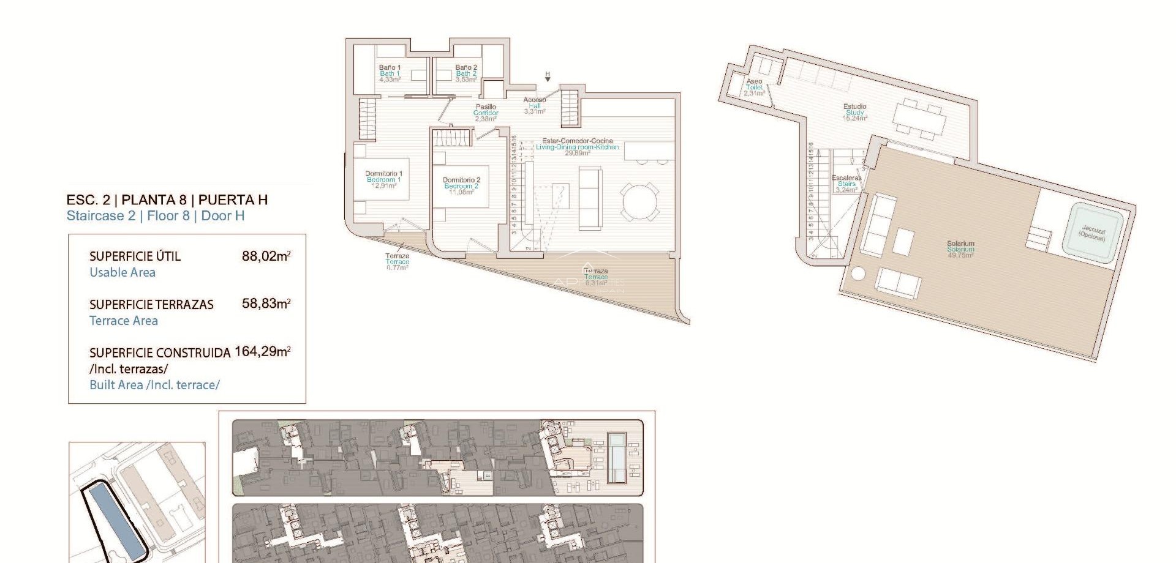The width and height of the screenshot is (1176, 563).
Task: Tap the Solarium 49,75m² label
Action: click(960, 249)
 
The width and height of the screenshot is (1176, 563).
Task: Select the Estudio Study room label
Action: click(854, 112)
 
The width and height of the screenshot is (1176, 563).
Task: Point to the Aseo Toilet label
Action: click(754, 87)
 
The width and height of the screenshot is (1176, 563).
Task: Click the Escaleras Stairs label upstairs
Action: click(846, 184)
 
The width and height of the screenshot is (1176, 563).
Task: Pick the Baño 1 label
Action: click(390, 73)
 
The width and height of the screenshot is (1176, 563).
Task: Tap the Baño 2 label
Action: click(466, 73)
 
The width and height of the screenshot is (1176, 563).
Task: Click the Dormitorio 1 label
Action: click(383, 179)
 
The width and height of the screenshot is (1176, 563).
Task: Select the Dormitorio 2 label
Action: click(461, 186)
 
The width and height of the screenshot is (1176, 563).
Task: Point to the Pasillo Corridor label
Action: click(486, 113)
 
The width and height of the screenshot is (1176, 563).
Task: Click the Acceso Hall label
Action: click(534, 105)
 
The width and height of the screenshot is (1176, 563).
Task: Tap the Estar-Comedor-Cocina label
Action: click(577, 147)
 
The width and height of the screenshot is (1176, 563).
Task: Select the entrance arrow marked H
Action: click(548, 78)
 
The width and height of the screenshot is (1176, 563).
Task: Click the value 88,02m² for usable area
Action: click(266, 256)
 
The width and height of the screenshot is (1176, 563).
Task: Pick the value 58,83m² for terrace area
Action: click(266, 304)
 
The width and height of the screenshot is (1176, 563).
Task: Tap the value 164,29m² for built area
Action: click(262, 351)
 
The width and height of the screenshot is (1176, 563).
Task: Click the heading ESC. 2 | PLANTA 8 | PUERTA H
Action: click(167, 199)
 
